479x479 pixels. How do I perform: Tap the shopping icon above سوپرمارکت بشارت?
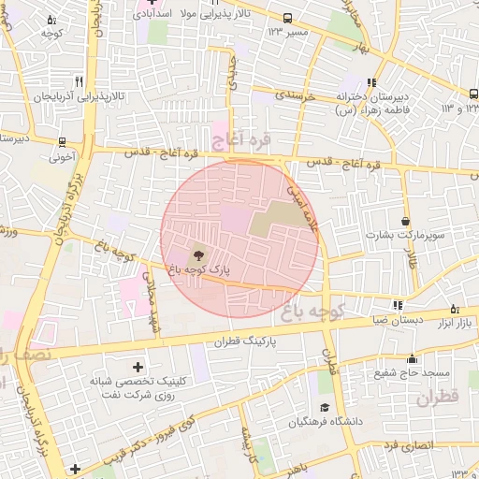tap(404, 221)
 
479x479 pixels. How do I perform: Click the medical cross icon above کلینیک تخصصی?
tap(138, 367)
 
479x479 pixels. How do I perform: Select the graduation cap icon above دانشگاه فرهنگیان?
tap(324, 407)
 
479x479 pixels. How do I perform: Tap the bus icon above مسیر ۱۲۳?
tap(287, 18)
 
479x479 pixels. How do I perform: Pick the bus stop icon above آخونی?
tap(62, 143)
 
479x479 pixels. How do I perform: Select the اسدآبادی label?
tap(155, 14)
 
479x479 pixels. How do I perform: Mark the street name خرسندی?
tap(298, 96)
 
